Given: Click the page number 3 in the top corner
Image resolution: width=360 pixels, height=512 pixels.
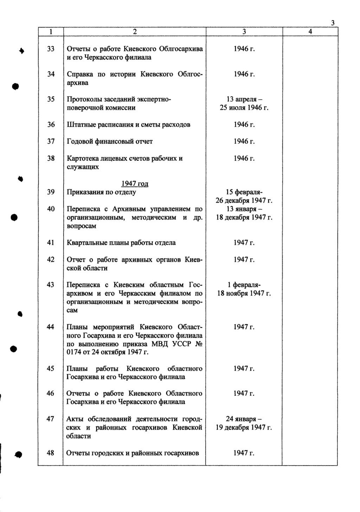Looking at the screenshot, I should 332,23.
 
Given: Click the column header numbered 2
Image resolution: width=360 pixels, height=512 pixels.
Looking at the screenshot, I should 134,32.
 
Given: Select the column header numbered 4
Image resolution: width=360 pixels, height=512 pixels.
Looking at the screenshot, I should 310,32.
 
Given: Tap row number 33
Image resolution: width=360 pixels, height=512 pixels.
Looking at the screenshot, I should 51,49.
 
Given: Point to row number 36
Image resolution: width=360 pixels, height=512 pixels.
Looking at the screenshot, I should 51,125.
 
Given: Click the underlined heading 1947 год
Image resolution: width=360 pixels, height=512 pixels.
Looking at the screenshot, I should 134,184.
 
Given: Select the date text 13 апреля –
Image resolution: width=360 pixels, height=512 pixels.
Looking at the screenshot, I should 244,100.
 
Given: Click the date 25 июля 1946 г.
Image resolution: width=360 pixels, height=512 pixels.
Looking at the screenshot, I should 244,108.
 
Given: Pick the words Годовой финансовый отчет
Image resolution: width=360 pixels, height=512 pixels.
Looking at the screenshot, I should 110,141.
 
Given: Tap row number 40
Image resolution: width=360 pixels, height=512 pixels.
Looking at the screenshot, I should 51,209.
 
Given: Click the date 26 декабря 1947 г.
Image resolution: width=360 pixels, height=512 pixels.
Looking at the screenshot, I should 244,201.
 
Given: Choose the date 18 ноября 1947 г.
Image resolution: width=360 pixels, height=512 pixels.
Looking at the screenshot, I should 244,293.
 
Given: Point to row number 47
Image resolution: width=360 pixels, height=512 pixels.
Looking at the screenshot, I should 51,419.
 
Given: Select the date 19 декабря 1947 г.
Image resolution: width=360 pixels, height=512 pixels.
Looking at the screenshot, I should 244,428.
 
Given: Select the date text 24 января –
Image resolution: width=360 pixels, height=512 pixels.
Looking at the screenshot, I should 244,419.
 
